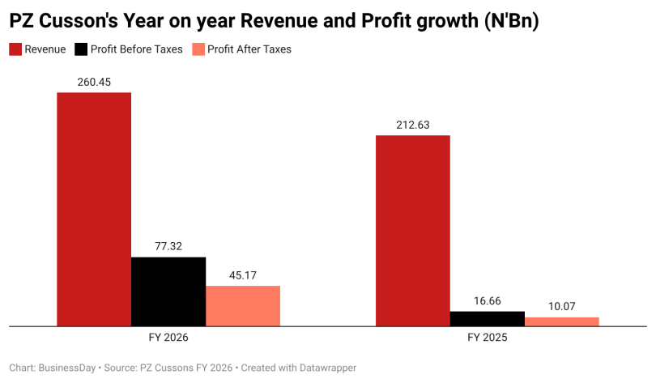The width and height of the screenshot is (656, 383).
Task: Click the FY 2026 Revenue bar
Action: click(94, 209)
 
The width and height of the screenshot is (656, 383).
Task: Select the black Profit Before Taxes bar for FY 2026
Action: click(168, 292)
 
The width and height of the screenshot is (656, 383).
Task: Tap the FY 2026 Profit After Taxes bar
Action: click(243, 306)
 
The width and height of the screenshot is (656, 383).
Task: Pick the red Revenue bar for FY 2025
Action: click(413, 231)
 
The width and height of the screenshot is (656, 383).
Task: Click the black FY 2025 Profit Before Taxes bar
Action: click(488, 318)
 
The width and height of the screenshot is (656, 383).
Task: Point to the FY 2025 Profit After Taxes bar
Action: click(562, 321)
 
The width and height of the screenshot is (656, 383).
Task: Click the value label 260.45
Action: click(94, 82)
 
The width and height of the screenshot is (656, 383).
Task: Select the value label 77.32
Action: click(168, 246)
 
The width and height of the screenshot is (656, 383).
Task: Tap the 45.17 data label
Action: click(243, 275)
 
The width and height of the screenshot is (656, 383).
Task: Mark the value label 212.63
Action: click(413, 125)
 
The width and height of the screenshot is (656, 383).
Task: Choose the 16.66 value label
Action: click(488, 301)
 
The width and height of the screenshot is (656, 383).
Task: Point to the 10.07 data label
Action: click(562, 307)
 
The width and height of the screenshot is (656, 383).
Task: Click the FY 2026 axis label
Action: click(168, 338)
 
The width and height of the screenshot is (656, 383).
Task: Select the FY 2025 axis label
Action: click(488, 338)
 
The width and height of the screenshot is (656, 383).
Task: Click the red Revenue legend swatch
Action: click(15, 49)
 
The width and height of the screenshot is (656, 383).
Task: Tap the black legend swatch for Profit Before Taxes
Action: click(81, 49)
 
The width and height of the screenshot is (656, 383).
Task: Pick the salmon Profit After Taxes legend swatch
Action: click(198, 49)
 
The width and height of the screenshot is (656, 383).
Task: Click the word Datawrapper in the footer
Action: click(327, 368)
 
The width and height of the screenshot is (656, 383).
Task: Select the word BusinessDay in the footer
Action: click(67, 368)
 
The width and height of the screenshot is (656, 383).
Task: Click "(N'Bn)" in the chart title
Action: click(512, 21)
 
